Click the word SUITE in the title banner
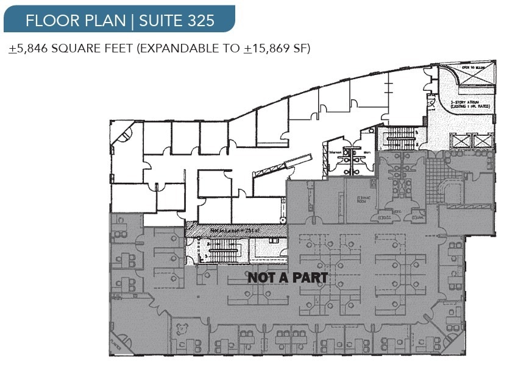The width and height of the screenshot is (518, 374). pyautogui.click(x=160, y=20)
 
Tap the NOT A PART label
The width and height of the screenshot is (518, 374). pyautogui.click(x=287, y=278)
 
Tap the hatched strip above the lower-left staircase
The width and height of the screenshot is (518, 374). pyautogui.click(x=235, y=229)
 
